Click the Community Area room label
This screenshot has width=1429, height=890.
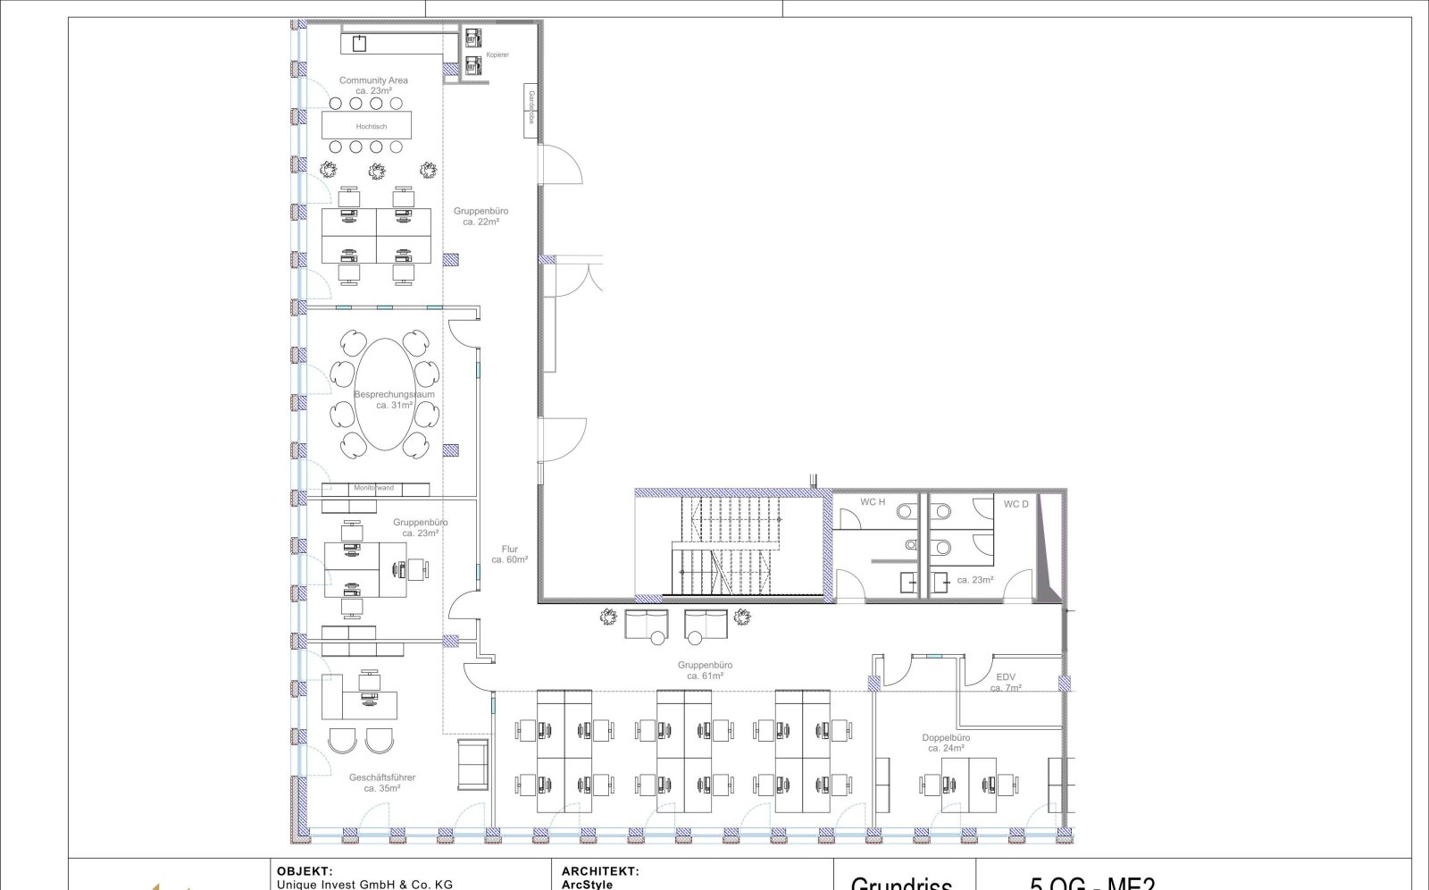pyautogui.click(x=373, y=85)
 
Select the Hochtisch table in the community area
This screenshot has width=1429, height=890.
pyautogui.click(x=366, y=125)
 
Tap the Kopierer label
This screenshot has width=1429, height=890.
pyautogui.click(x=497, y=55)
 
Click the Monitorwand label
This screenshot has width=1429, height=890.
pyautogui.click(x=373, y=488)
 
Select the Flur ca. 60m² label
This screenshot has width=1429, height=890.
pyautogui.click(x=509, y=555)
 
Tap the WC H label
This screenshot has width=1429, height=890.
pyautogui.click(x=873, y=502)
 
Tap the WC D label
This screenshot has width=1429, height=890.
pyautogui.click(x=1015, y=504)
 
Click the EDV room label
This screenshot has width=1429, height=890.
pyautogui.click(x=1006, y=682)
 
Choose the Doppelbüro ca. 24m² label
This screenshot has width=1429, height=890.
pyautogui.click(x=946, y=743)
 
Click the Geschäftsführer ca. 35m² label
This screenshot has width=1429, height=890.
pyautogui.click(x=382, y=783)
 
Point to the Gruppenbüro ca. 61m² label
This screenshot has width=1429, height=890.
pyautogui.click(x=705, y=670)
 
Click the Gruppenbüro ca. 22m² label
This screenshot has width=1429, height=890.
pyautogui.click(x=481, y=216)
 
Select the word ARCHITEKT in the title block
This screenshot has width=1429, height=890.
pyautogui.click(x=599, y=871)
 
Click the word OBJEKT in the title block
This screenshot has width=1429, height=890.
pyautogui.click(x=305, y=871)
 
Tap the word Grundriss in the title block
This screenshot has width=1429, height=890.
pyautogui.click(x=900, y=883)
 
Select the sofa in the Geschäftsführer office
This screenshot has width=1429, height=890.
pyautogui.click(x=473, y=764)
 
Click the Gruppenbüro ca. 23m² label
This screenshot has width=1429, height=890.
pyautogui.click(x=421, y=527)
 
